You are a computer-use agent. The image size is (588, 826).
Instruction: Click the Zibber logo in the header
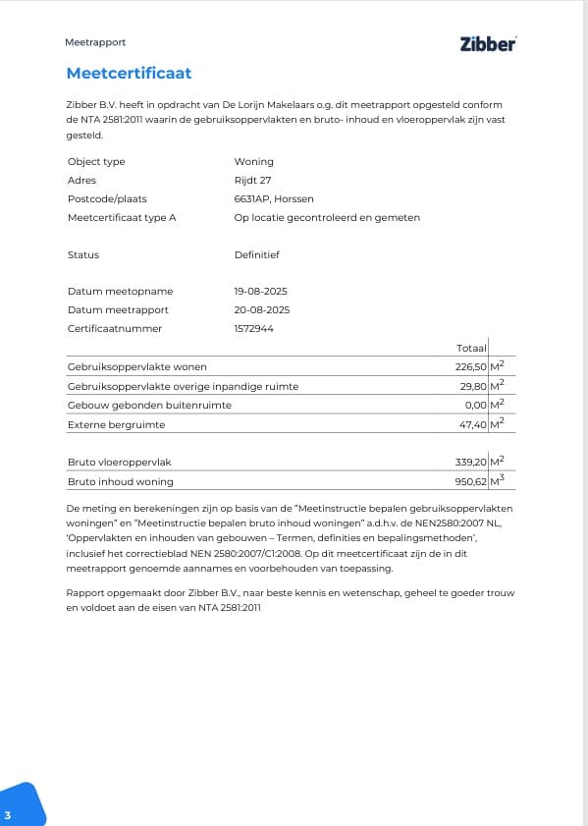pyautogui.click(x=487, y=43)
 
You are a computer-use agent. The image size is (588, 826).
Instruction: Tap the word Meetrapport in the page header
pyautogui.click(x=95, y=42)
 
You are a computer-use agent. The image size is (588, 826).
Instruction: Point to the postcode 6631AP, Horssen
pyautogui.click(x=274, y=198)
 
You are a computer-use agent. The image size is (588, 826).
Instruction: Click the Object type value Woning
pyautogui.click(x=253, y=161)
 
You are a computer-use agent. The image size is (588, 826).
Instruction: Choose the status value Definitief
pyautogui.click(x=257, y=254)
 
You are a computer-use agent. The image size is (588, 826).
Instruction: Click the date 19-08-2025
pyautogui.click(x=260, y=292)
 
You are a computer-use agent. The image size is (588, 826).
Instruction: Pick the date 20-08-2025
pyautogui.click(x=261, y=310)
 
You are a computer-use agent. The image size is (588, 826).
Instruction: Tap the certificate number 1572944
pyautogui.click(x=253, y=329)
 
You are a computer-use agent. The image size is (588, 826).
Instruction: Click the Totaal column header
pyautogui.click(x=472, y=349)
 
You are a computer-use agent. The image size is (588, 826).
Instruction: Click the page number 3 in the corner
pyautogui.click(x=8, y=816)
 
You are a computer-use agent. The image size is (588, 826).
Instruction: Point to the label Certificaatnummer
pyautogui.click(x=115, y=329)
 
